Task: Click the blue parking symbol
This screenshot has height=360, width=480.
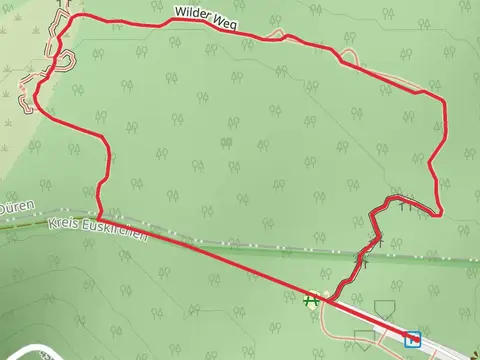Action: [413, 340]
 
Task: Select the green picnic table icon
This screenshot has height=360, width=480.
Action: [314, 297]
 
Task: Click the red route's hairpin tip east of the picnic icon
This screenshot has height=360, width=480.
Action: [440, 211]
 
